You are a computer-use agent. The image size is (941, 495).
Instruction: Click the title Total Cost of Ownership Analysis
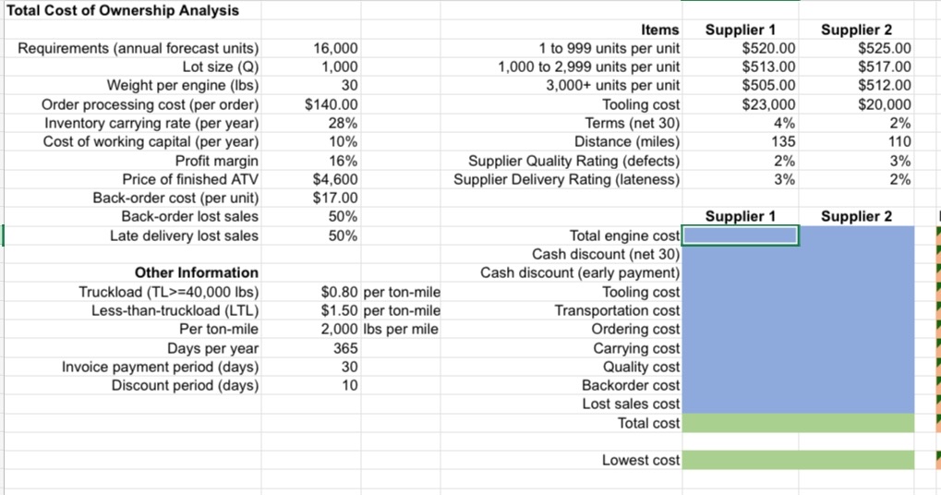pyautogui.click(x=123, y=10)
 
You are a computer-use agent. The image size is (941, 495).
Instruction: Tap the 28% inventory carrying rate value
pyautogui.click(x=344, y=123)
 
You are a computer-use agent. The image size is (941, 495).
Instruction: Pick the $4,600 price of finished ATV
pyautogui.click(x=335, y=179)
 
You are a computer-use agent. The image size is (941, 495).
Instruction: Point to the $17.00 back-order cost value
pyautogui.click(x=335, y=198)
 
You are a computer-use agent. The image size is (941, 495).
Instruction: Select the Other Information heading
pyautogui.click(x=197, y=272)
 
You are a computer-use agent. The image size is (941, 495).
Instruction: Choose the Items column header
pyautogui.click(x=658, y=30)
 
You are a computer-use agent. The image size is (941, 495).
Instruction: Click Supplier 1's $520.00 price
pyautogui.click(x=768, y=48)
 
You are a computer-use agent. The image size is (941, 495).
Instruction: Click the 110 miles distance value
pyautogui.click(x=899, y=141)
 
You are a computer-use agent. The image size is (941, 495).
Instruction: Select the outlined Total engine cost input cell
pyautogui.click(x=740, y=235)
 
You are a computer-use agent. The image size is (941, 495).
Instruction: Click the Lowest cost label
pyautogui.click(x=640, y=460)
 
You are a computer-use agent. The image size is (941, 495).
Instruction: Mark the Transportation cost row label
pyautogui.click(x=617, y=310)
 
